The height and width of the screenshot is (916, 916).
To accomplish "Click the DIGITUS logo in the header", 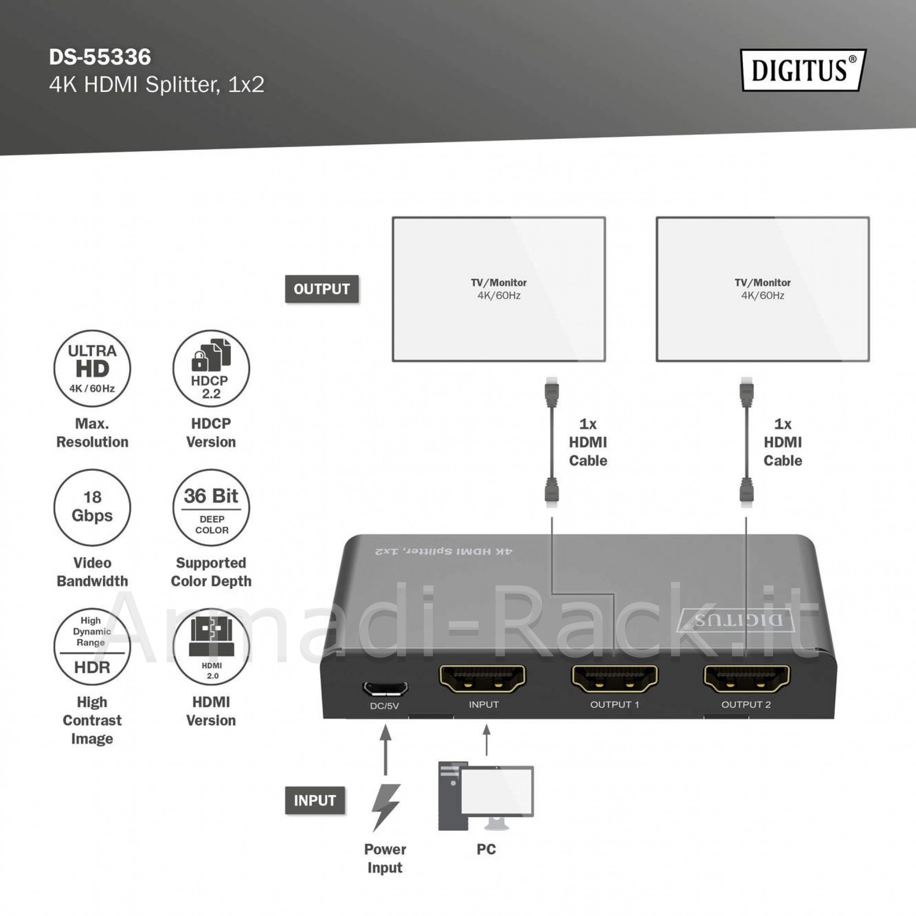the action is point(803,70).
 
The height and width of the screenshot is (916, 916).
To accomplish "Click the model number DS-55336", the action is point(100,57).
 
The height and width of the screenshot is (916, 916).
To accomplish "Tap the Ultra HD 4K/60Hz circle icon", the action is point(92,368).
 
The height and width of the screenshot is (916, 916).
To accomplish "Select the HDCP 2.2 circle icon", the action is point(211,368).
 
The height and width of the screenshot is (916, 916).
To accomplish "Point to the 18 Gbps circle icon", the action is point(92,507).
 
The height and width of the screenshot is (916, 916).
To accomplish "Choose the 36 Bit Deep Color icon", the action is point(211,507).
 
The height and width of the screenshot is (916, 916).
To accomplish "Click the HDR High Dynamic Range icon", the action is point(92,647).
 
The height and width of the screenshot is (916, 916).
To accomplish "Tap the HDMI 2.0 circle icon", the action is point(211,647).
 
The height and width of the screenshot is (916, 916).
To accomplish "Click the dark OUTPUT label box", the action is point(322,289).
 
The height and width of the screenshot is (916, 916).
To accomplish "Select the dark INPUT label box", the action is point(315,800).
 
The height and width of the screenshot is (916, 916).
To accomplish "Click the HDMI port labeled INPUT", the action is point(483,678).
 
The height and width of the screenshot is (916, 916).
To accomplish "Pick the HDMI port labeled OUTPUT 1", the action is point(615,678).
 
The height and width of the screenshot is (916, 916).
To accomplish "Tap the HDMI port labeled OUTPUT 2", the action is point(746,678).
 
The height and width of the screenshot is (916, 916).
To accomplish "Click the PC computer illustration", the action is point(486,796).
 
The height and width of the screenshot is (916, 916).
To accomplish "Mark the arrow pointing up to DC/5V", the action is point(386,750).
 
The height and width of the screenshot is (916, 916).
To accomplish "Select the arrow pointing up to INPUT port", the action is point(486,740).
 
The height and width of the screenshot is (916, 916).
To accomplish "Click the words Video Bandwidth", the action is point(92,572).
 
